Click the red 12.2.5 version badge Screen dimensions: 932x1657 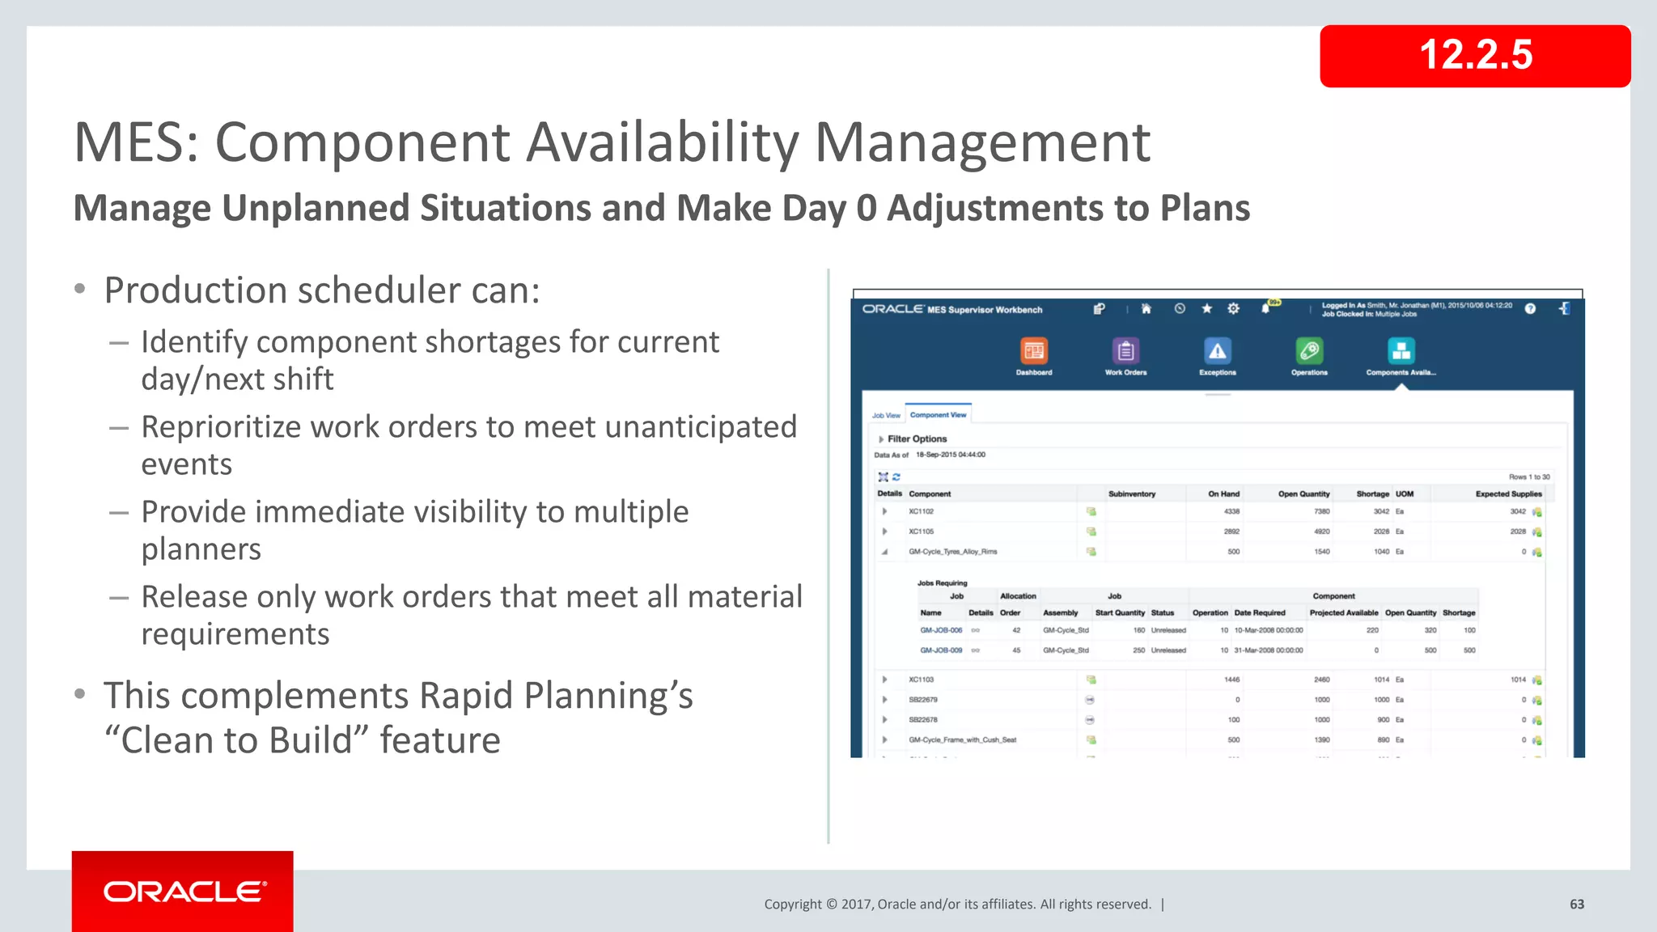1474,56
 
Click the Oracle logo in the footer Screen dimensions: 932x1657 183,891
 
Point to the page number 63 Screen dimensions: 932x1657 1576,904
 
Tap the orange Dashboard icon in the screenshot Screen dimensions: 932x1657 1033,351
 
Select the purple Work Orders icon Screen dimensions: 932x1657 1125,351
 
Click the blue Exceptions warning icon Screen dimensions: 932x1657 1217,351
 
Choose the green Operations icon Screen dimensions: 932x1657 1308,351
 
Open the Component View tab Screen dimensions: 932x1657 938,415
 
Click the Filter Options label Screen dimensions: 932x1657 917,438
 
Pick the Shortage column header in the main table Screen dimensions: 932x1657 1372,494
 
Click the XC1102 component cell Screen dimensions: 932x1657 921,511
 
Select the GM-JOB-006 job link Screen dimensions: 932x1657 941,630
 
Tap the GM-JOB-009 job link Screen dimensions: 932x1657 941,650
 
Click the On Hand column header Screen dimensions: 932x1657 1223,494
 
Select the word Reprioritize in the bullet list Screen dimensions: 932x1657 221,426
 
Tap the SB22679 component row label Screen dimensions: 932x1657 922,700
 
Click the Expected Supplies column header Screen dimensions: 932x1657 1508,494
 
